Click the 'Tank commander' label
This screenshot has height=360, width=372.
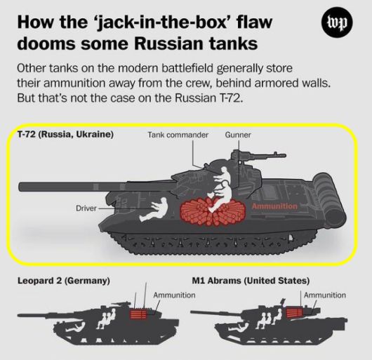(x=178, y=134)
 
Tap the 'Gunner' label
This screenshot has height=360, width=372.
(x=238, y=134)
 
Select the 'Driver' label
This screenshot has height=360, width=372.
(x=86, y=208)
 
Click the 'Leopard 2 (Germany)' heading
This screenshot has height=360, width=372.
(x=63, y=281)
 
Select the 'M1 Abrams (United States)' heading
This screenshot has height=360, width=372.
(x=250, y=281)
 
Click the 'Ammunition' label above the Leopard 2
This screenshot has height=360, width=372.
(x=174, y=295)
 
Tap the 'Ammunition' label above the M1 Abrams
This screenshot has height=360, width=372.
(x=325, y=295)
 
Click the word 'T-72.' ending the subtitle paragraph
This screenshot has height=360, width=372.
(x=245, y=98)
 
